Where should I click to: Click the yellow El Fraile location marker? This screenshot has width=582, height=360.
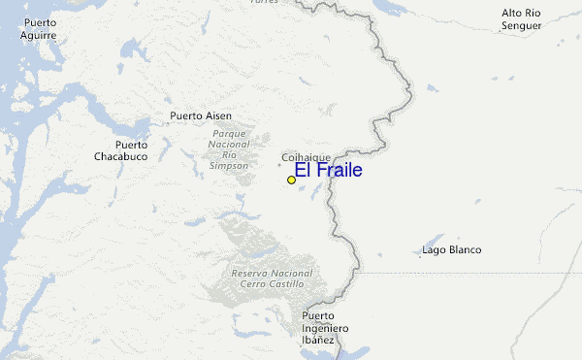point(291,180)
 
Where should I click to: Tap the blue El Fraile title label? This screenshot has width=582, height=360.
point(328,171)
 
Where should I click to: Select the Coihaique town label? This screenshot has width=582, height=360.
point(306,157)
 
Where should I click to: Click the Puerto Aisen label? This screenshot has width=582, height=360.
point(200,116)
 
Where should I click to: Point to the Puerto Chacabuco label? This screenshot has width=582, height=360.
point(120,150)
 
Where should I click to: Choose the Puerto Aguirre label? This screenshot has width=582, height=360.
point(38,28)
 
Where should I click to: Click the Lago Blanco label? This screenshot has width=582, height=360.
point(452,250)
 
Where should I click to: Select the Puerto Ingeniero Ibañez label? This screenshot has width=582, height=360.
point(317,328)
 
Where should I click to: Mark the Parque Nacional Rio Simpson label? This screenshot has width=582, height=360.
point(229,149)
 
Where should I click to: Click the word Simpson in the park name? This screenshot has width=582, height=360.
point(229,166)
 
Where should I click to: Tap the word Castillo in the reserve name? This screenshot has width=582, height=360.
point(285,284)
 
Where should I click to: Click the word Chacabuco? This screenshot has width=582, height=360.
point(120,156)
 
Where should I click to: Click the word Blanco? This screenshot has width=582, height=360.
point(465,250)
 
